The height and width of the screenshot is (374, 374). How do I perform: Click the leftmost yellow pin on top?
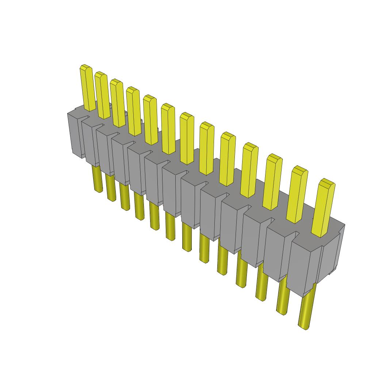(x=87, y=88)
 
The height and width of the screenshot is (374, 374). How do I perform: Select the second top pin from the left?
(x=102, y=96)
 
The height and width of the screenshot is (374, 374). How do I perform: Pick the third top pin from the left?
(x=118, y=104)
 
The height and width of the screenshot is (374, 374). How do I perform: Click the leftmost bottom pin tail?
(x=97, y=179)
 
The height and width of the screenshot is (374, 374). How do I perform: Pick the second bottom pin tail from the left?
(x=111, y=187)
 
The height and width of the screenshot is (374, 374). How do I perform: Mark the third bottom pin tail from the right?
(x=261, y=283)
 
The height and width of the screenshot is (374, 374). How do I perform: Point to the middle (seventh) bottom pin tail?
(x=187, y=237)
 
